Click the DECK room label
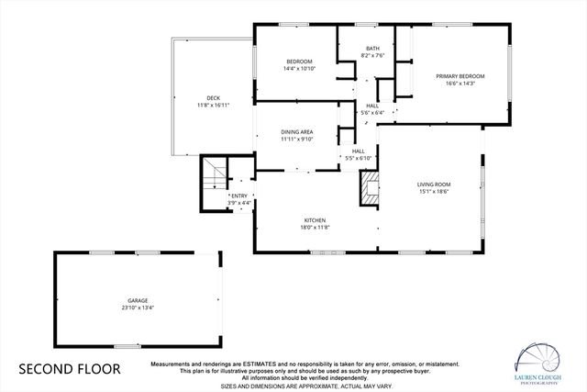coord(213,98)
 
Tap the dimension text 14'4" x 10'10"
coord(299,68)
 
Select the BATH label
coord(372,48)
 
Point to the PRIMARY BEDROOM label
coord(460,75)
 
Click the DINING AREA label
coord(297,132)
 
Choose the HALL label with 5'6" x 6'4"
coord(372,106)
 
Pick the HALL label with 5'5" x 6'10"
coord(358,151)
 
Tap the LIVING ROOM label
coord(434,185)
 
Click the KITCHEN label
coord(316,220)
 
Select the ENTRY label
coord(239,196)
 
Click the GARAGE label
coord(138,300)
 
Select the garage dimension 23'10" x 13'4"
coord(138,308)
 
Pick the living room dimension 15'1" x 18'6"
coord(434,192)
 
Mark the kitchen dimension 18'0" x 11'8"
coord(316,228)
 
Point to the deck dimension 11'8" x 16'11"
coord(213,106)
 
